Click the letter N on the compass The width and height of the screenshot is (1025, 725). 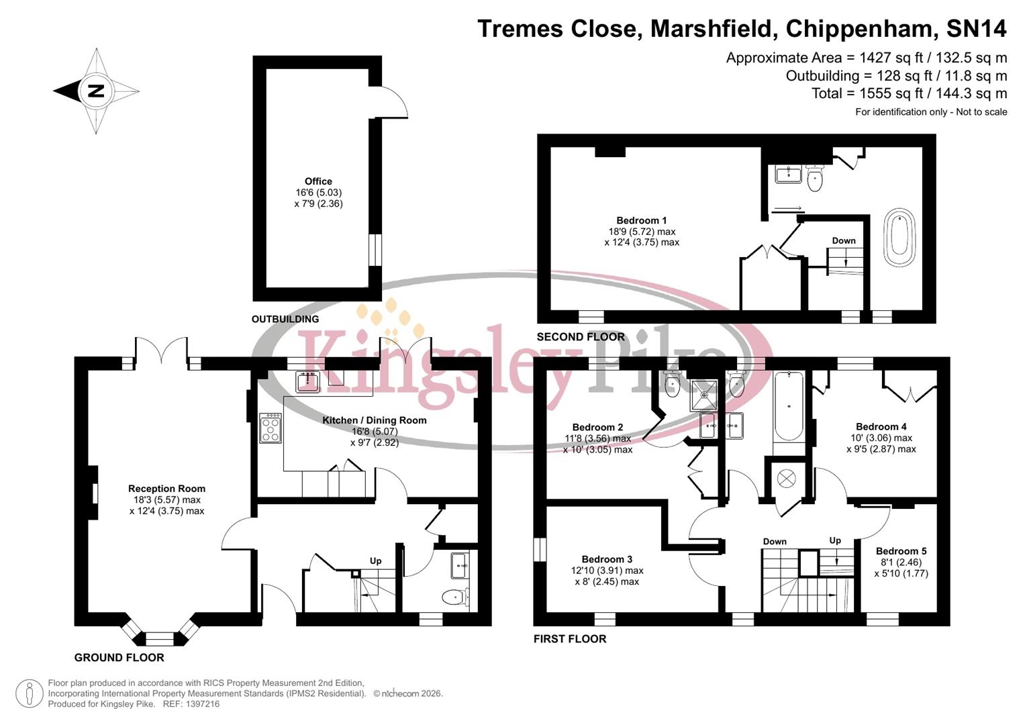[96, 91]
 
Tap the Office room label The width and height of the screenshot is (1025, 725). [318, 181]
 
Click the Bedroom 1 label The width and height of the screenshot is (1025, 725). [641, 220]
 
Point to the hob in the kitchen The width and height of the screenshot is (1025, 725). [271, 428]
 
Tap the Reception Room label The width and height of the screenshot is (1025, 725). [166, 489]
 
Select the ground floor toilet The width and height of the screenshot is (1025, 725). [456, 596]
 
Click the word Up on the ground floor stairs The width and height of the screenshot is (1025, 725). [375, 561]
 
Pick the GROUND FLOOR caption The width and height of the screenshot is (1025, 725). [119, 658]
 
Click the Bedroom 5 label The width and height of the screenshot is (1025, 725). [901, 551]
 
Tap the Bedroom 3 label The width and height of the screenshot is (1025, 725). [607, 559]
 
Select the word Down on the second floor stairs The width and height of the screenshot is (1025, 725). [844, 240]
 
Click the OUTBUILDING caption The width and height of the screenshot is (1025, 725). [285, 319]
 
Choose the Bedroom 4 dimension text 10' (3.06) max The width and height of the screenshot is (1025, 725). [881, 438]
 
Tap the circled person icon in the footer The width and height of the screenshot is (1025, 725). [29, 693]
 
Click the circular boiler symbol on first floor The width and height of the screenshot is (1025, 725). [786, 478]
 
